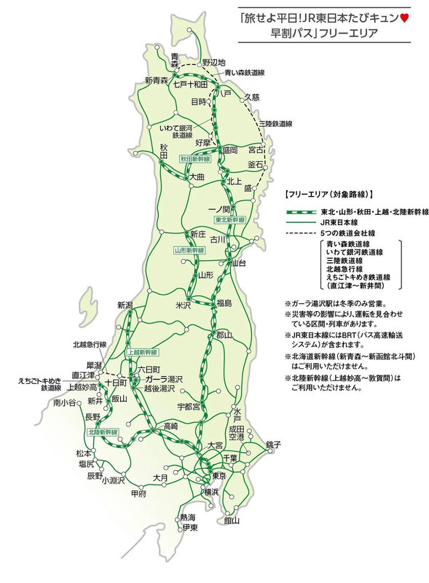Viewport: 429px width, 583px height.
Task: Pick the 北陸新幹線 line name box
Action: click(x=103, y=432)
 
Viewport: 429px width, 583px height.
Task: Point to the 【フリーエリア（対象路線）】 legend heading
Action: click(x=326, y=195)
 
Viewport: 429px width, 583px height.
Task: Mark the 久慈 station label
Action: click(x=251, y=96)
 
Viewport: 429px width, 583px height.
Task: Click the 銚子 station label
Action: click(x=273, y=444)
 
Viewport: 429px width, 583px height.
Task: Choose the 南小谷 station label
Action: click(x=64, y=402)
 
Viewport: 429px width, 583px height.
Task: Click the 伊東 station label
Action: click(x=190, y=526)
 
